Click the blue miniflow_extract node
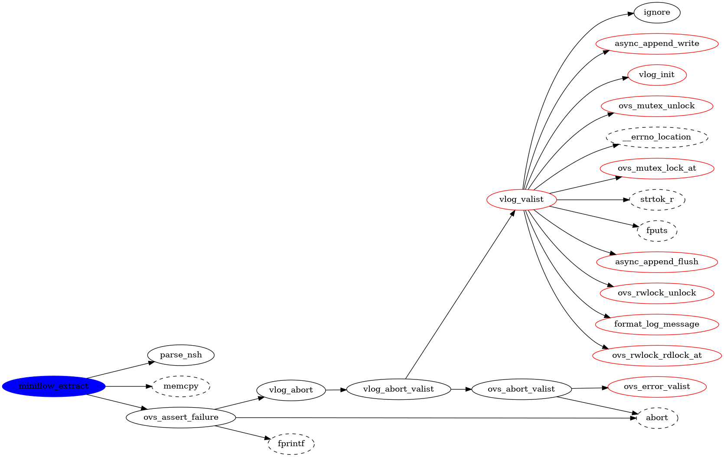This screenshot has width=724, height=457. pos(54,386)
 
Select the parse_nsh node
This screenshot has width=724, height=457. pos(181,355)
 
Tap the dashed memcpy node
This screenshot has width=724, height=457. pos(181,386)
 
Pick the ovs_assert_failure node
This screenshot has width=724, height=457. pos(181,418)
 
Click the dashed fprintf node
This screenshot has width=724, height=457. pos(291,444)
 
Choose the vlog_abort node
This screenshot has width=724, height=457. pos(291,390)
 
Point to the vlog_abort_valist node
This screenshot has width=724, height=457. pos(398,389)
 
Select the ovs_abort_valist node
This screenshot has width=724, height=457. pos(521,389)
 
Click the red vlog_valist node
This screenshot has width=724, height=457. pos(521,200)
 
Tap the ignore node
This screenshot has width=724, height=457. pos(657,13)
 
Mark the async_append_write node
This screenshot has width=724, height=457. pos(657,44)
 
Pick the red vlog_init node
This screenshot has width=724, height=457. pos(657,75)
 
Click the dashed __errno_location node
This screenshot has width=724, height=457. pos(657,137)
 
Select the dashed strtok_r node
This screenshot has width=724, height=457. pos(657,200)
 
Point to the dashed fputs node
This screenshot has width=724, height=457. pos(657,231)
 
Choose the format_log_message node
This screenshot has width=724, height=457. pos(657,324)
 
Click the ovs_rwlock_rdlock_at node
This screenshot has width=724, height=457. pos(657,356)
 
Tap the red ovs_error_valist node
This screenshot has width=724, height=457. pos(657,387)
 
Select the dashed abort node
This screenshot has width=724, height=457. pos(657,418)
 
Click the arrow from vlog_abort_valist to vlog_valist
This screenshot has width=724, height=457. pos(460,295)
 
